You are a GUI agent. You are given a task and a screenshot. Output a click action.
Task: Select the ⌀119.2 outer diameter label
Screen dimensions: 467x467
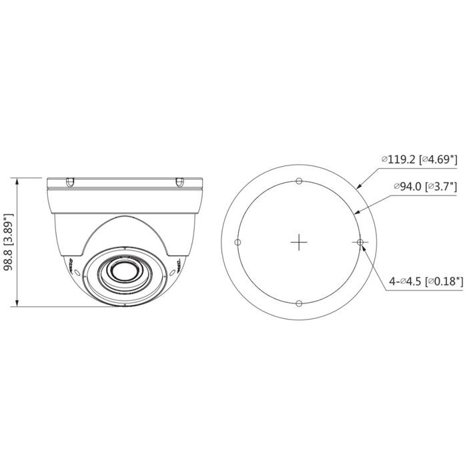400,159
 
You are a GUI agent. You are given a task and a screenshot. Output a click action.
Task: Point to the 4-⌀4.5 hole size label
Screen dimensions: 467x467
406,282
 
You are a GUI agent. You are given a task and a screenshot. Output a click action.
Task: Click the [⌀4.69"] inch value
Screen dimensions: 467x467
440,159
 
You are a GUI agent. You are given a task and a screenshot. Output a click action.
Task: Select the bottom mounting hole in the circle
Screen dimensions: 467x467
299,304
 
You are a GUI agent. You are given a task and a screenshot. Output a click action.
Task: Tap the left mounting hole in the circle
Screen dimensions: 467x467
238,242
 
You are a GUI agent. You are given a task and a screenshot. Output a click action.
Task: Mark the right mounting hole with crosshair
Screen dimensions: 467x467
360,242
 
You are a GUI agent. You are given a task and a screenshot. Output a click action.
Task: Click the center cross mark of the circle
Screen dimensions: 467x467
299,242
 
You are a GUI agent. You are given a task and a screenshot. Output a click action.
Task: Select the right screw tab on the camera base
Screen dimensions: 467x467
178,181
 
